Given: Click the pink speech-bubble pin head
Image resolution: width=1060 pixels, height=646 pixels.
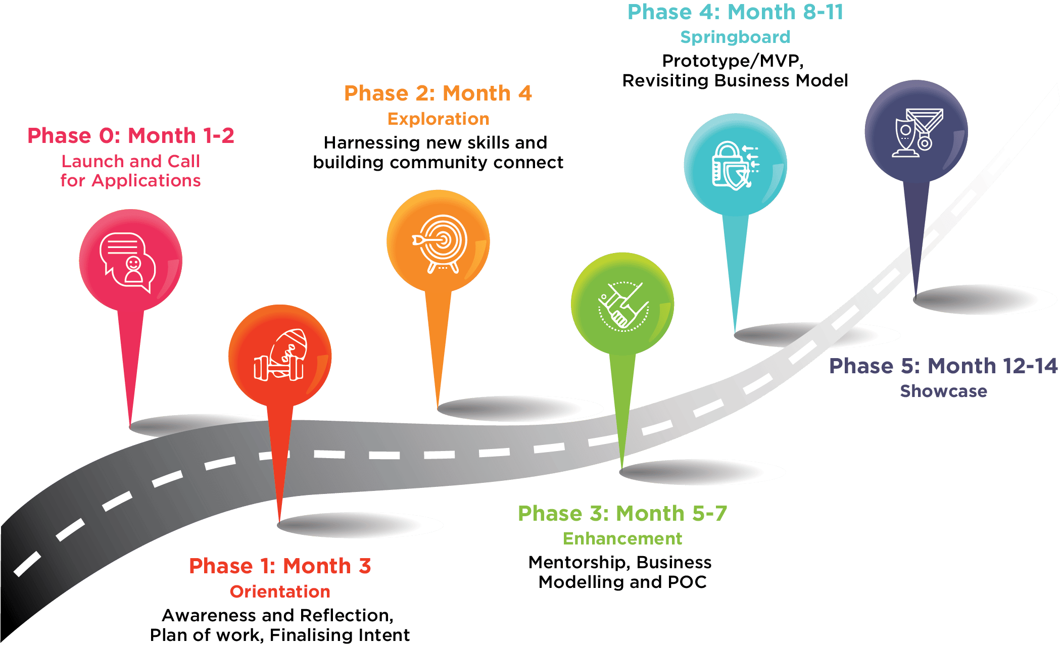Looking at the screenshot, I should [130, 261].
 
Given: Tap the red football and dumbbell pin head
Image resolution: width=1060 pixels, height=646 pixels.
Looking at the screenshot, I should [279, 356].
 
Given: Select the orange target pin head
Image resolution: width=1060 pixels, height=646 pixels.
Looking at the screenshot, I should [438, 241].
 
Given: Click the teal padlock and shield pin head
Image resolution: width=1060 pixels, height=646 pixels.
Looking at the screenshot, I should [735, 165].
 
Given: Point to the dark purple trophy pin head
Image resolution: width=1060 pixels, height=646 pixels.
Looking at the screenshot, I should [916, 130].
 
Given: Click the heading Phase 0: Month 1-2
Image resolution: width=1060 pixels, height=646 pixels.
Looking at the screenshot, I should [131, 136].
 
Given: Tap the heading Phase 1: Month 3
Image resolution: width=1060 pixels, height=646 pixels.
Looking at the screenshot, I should [280, 566].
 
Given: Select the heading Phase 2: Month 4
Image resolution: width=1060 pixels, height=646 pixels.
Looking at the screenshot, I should [438, 93].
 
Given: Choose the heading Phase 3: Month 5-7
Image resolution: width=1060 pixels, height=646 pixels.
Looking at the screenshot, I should [622, 514].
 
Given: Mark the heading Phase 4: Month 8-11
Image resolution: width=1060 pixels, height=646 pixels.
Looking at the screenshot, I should [735, 12].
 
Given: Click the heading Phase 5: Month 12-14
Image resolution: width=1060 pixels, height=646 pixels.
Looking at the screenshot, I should [943, 366].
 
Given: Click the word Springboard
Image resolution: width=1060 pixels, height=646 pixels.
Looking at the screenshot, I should [735, 37].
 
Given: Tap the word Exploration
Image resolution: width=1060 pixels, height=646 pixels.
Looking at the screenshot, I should [439, 119].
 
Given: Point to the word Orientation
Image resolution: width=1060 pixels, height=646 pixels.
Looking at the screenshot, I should [280, 591].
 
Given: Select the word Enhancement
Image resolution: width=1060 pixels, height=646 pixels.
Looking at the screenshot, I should [622, 539].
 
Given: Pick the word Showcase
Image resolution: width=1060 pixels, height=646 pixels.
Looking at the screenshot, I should [943, 391].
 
